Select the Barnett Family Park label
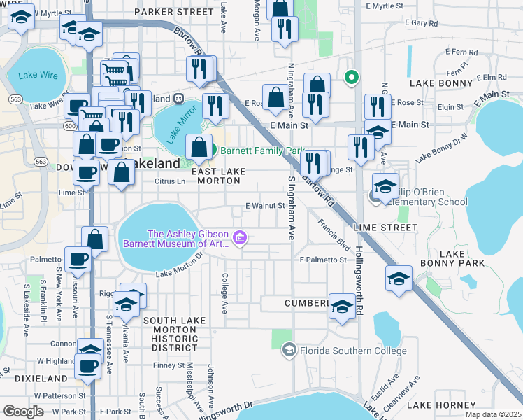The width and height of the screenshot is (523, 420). click(x=264, y=150)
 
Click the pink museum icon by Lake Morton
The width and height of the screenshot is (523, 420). click(x=240, y=239)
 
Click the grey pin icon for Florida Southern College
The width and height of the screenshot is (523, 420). click(x=289, y=349)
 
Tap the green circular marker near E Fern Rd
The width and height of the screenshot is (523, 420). click(x=352, y=78)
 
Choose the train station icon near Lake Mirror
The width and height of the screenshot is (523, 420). click(x=178, y=99)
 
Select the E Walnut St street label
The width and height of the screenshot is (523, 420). click(x=265, y=206)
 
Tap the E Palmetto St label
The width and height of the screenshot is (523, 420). click(x=322, y=260)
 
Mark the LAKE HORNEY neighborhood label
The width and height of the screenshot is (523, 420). click(x=440, y=405)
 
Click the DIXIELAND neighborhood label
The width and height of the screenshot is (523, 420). click(x=23, y=378)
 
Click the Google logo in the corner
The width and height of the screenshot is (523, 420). click(x=23, y=411)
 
